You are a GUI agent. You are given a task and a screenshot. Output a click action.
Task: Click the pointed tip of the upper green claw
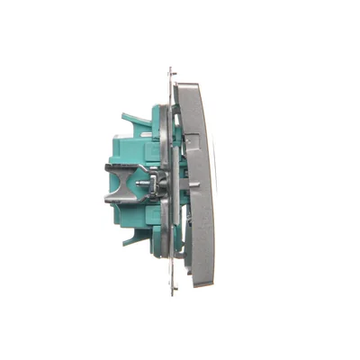pos(121,114)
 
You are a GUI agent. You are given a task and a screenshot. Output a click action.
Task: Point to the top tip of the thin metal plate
pos(170,68)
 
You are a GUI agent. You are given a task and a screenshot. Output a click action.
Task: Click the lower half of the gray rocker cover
pos(202,234)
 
